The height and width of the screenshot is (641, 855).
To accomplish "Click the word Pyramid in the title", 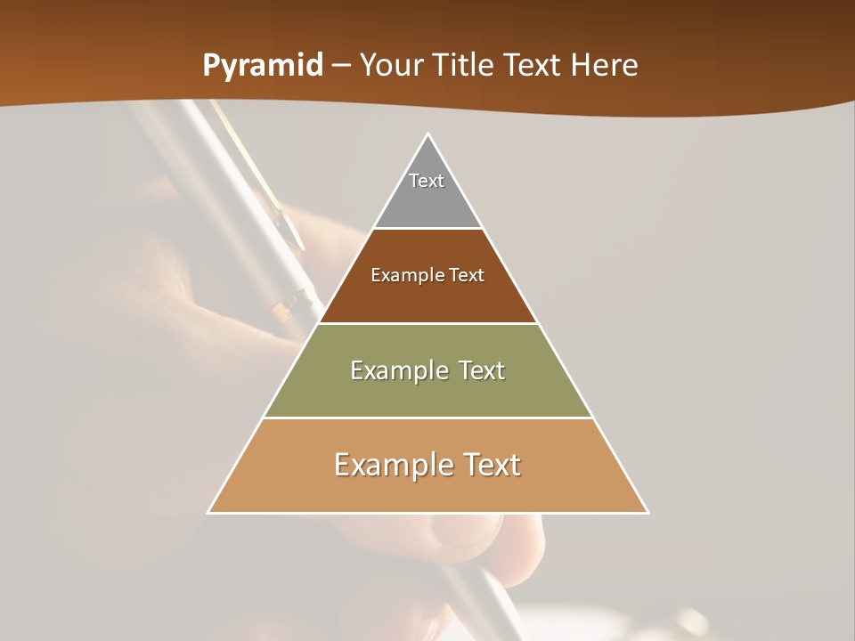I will (262, 66).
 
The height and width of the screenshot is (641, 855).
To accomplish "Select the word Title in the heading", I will (465, 65).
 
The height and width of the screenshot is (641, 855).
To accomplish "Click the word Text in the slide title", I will (534, 65).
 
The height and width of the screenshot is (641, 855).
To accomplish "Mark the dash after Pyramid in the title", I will (340, 66).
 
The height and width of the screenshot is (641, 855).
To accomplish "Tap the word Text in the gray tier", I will (427, 181).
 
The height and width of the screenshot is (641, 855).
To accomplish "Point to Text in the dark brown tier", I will (467, 275).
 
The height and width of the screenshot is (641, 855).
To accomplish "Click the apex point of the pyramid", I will (428, 134).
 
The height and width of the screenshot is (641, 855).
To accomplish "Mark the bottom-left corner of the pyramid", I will (208, 512).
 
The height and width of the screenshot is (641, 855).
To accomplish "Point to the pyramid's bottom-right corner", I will (647, 512).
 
